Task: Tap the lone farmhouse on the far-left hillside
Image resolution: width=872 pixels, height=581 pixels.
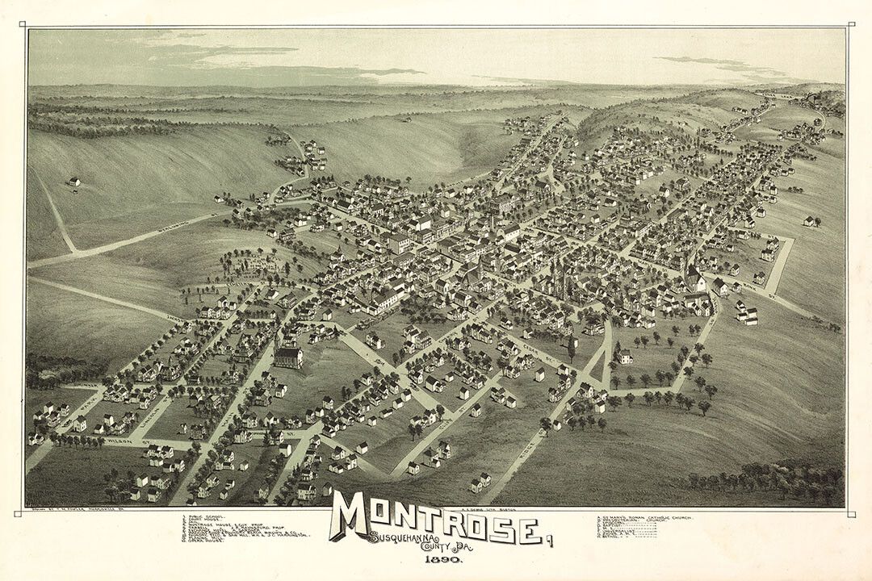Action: (x=74, y=182)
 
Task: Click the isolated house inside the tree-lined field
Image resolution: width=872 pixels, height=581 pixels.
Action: (x=623, y=356)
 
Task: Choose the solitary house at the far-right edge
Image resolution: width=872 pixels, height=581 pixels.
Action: (x=810, y=220)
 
